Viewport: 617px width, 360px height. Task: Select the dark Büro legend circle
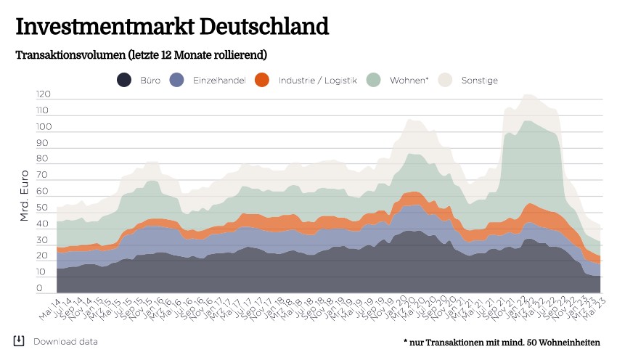pyautogui.click(x=124, y=81)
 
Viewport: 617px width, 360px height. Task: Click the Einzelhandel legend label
pyautogui.click(x=219, y=81)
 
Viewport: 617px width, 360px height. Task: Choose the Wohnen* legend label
pyautogui.click(x=409, y=81)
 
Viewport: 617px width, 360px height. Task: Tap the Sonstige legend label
pyautogui.click(x=479, y=81)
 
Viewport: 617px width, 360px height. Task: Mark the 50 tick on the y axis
pyautogui.click(x=44, y=208)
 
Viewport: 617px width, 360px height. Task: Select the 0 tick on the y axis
pyautogui.click(x=40, y=288)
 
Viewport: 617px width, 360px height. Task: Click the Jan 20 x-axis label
pyautogui.click(x=392, y=308)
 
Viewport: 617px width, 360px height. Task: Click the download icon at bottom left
pyautogui.click(x=19, y=341)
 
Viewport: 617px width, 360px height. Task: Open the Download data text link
pyautogui.click(x=65, y=342)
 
